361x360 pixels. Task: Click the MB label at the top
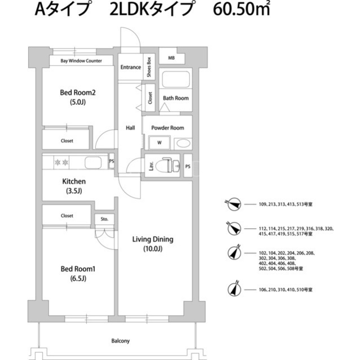point(171,58)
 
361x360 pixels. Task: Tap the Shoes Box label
point(149,67)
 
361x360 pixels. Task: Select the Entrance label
point(130,67)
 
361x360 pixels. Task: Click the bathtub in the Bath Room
point(176,79)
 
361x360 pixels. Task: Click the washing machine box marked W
point(160,143)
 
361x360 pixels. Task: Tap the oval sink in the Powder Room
point(183,144)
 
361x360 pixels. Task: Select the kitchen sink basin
point(93,162)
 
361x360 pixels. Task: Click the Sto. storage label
point(104,219)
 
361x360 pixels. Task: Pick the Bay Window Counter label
point(81,61)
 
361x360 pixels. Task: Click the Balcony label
point(120,341)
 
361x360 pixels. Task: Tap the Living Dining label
point(153,239)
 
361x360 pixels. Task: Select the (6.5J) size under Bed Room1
point(78,278)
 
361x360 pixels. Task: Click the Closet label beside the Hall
point(150,98)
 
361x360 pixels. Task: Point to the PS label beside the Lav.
point(188,166)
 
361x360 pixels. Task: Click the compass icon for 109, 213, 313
point(234,204)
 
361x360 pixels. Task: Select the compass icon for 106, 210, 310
point(235,289)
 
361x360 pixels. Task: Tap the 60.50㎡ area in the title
point(241,10)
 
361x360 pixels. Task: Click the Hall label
point(130,128)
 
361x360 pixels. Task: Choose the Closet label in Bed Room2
point(67,141)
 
